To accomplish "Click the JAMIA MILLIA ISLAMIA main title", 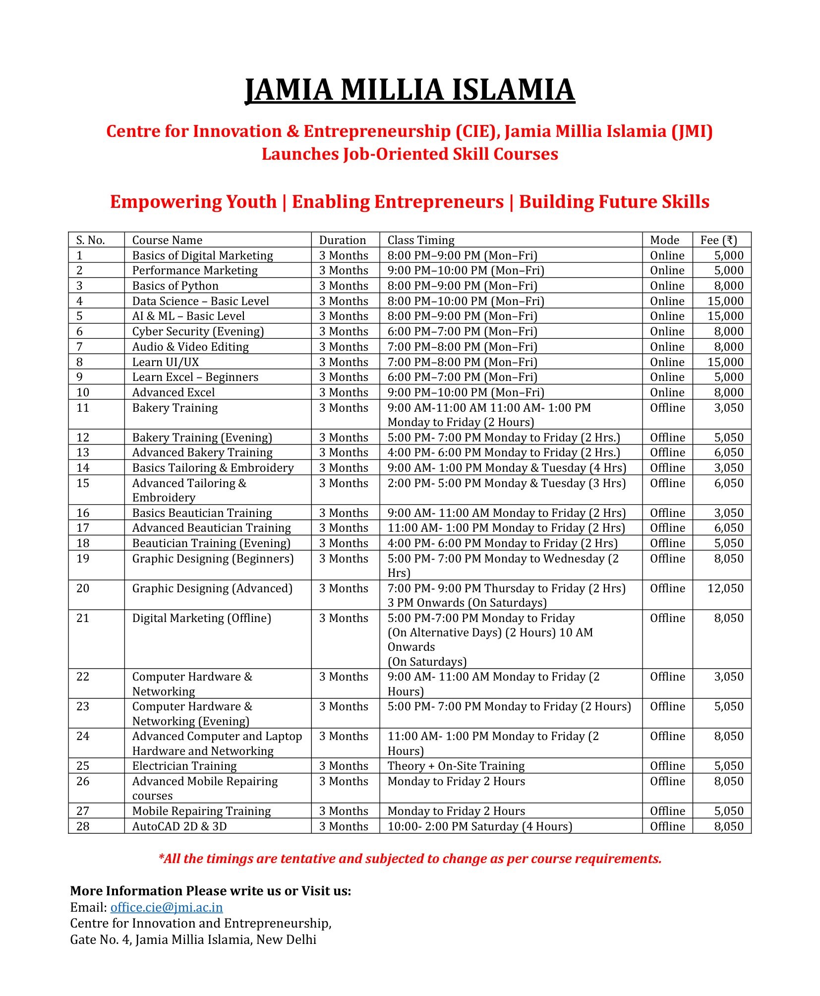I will pos(410,90).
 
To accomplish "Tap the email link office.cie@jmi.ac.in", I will pos(166,907).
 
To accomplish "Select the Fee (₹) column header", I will pos(718,240).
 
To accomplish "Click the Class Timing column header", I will pos(420,240).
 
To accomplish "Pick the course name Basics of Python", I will pos(175,286).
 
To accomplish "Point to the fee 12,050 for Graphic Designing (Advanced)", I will pos(725,588).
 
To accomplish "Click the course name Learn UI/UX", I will pos(165,362).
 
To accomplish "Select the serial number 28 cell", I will pos(83,826).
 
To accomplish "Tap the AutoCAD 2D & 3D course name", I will pos(179,826).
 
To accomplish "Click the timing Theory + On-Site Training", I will pos(456,766).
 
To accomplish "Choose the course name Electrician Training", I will pos(184,766).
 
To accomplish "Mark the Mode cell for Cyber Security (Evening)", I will pos(667,331).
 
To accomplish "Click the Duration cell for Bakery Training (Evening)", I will pos(344,437).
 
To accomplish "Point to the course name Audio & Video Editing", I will pos(190,347).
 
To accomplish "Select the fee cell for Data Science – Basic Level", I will pos(725,301).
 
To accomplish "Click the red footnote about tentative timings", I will pos(410,859).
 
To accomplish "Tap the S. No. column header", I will pos(90,240).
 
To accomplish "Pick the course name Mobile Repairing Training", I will pos(201,811).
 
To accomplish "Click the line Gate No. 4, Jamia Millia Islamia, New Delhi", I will pos(193,939).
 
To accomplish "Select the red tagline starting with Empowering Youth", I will pos(410,202).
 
